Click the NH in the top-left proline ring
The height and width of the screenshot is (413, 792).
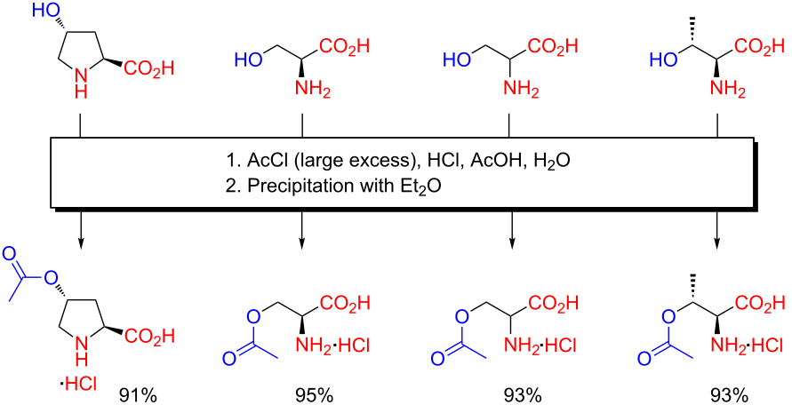pos(81,82)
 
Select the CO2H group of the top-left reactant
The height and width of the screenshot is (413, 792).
pos(150,67)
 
